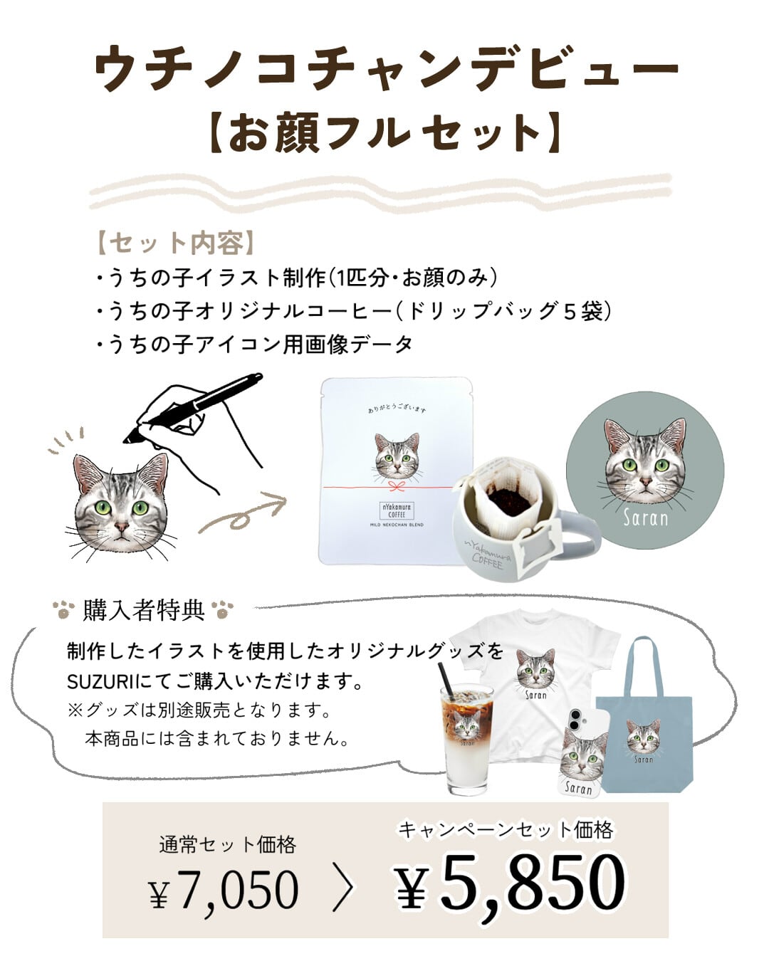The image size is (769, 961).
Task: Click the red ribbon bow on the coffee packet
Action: pos(397,486)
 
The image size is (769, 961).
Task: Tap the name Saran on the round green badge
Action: pos(645,518)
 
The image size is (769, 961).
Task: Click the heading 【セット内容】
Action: pos(175,243)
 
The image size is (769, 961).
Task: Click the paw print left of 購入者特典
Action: pos(63,609)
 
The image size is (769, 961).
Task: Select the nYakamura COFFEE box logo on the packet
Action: pos(397,510)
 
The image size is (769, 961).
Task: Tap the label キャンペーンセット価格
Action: pos(506,830)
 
